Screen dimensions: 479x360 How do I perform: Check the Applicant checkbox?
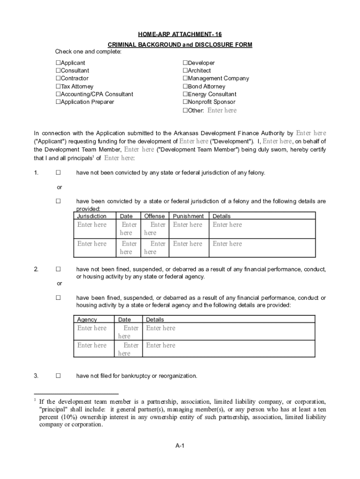tap(58, 63)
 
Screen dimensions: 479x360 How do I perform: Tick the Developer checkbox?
tap(185, 63)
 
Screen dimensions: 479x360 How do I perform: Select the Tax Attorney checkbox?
tap(58, 87)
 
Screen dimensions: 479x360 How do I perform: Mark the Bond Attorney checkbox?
tap(185, 87)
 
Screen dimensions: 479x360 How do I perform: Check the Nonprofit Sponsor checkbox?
tap(185, 102)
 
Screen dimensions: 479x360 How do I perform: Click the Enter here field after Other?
tap(222, 110)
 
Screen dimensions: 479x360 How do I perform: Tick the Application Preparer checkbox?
tap(58, 102)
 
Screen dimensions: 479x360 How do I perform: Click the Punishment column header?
tap(188, 216)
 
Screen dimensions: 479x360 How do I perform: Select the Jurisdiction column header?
tap(92, 216)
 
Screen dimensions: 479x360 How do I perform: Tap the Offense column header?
tap(154, 216)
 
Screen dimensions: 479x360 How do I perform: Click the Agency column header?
tap(87, 319)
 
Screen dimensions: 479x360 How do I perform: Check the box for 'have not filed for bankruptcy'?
tap(58, 376)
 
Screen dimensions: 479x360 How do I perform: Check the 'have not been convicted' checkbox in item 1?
tap(58, 173)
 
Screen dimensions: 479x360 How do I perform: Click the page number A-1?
tap(180, 446)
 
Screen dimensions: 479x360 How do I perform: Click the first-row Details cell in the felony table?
tap(227, 225)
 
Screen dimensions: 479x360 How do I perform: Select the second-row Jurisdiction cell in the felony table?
tap(92, 244)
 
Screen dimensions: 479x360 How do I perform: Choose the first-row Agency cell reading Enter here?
tap(92, 328)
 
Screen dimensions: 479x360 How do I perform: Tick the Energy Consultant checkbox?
tap(185, 94)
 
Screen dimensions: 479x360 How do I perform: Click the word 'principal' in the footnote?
tap(54, 409)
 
